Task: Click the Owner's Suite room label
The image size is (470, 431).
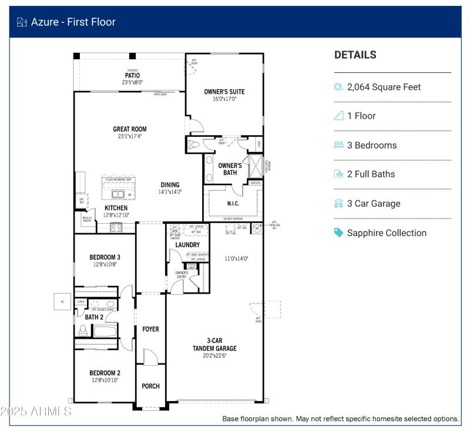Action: coord(224,92)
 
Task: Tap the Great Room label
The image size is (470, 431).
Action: coord(130,129)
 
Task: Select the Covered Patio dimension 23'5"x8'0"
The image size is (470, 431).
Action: coord(132,82)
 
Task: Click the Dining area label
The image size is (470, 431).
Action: coord(170,185)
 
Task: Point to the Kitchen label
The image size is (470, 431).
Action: coord(116,208)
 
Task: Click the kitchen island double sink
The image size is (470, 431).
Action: coord(118,194)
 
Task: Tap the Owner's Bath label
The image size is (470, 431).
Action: coord(230,169)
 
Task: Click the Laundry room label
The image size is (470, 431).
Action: coord(188,244)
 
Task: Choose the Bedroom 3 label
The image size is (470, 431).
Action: coord(105,257)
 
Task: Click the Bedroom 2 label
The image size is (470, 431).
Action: coord(105,373)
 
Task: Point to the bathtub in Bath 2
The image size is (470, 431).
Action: coord(106,331)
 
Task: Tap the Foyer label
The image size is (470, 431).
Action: coord(150,329)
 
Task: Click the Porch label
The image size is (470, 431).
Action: coord(150,386)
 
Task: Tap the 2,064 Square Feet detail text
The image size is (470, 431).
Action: coord(384,87)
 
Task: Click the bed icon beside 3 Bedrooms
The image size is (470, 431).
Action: coord(338,145)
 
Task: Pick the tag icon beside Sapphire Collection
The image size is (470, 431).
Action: coord(338,233)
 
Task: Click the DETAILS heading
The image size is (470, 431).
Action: coord(355,55)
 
